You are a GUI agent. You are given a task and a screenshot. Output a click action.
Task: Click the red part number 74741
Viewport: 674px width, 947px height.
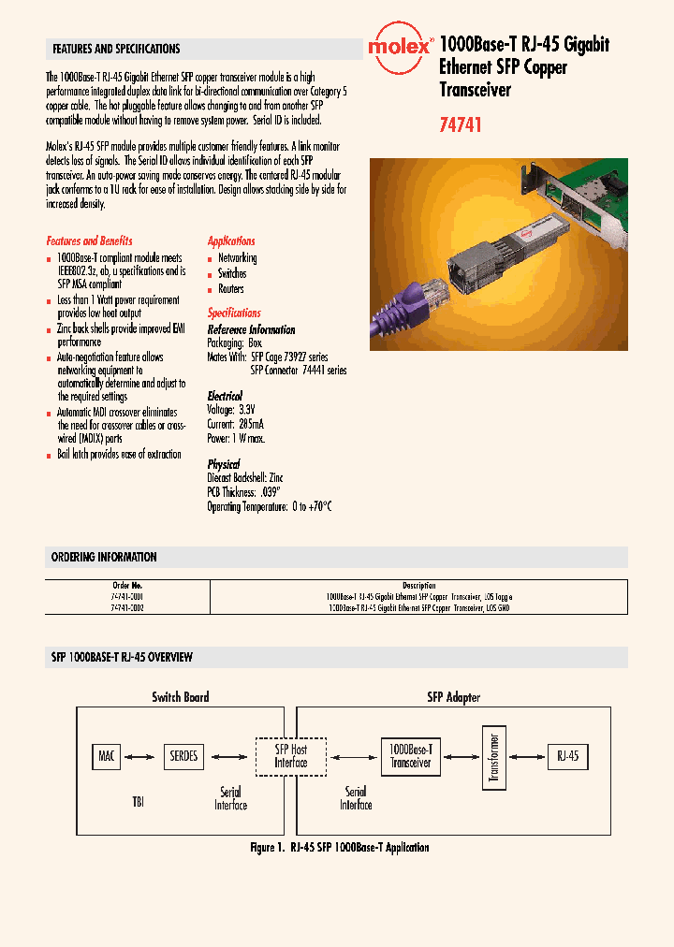coord(461,124)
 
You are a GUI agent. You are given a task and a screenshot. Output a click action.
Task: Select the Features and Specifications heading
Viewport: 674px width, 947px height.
coord(116,49)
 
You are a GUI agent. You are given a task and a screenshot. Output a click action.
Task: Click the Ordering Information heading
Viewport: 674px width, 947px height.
coord(104,557)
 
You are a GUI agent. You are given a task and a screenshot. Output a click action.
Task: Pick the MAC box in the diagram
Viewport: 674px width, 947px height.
coord(107,755)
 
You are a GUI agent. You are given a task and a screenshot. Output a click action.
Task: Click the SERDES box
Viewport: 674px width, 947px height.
coord(184,755)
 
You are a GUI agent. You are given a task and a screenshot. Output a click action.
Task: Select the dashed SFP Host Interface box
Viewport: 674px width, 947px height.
coord(291,756)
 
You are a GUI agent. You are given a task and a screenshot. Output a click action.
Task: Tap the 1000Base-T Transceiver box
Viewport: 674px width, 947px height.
coord(410,756)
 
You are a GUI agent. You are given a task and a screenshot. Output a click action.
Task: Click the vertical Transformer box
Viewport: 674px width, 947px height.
coord(493,756)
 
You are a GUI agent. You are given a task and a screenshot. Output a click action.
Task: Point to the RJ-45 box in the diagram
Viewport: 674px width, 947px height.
coord(569,755)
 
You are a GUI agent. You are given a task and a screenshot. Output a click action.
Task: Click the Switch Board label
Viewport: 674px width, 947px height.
coord(181,696)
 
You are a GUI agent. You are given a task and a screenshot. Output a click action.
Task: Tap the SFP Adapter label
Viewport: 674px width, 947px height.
coord(453,696)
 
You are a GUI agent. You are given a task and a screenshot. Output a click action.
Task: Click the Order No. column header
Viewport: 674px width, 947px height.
coord(127,586)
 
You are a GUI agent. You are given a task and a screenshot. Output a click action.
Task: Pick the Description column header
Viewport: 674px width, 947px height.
coord(418,586)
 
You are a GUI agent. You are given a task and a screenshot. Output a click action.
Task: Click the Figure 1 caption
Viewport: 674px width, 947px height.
coord(339,847)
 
